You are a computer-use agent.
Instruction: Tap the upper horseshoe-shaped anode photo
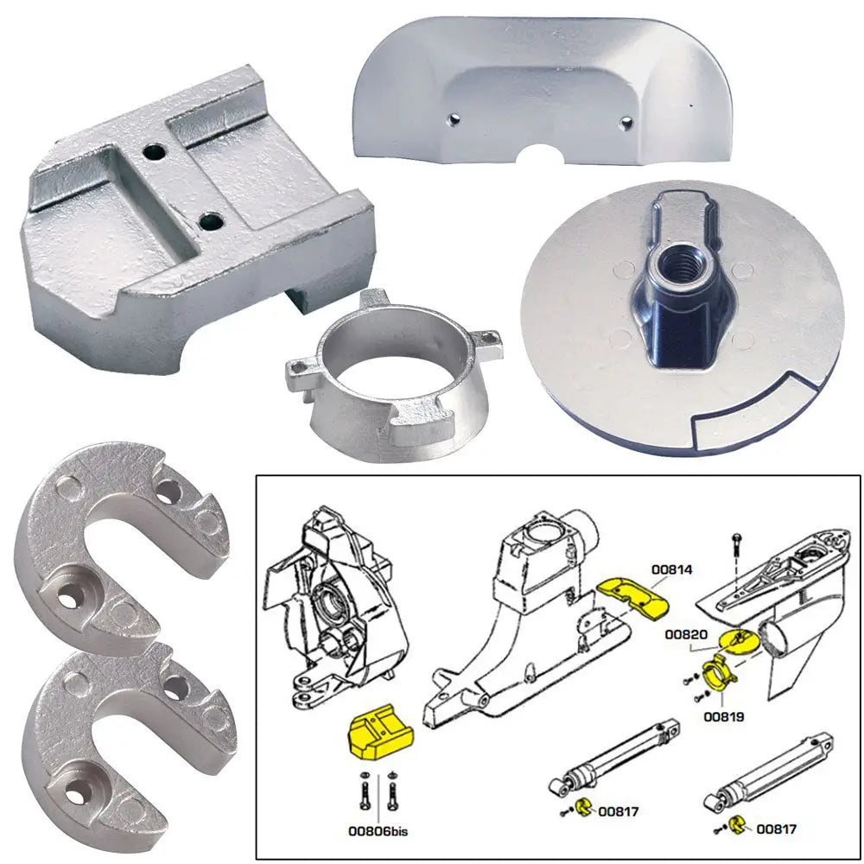pyautogui.click(x=121, y=531)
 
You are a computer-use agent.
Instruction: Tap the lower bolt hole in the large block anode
pyautogui.click(x=210, y=222)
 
